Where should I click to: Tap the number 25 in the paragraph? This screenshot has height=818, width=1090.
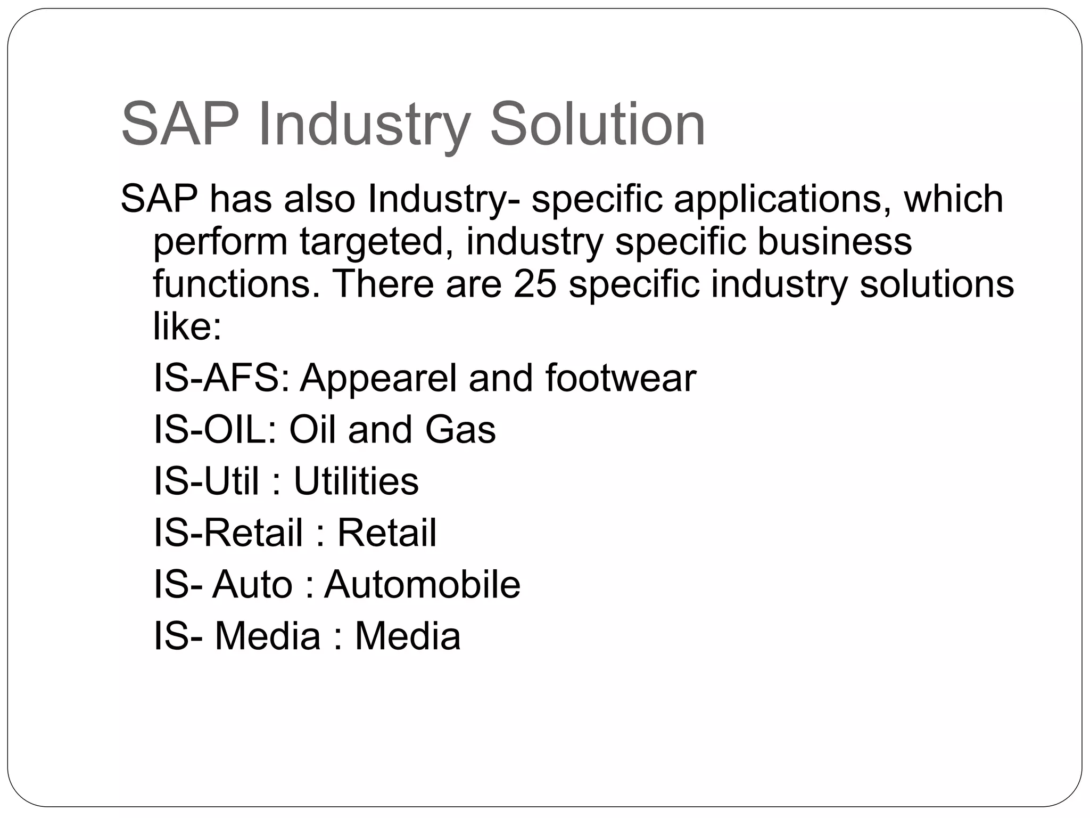535,283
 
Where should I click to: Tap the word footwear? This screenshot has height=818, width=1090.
621,378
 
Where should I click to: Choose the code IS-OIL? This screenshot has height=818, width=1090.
215,429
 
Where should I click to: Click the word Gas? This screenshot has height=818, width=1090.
460,429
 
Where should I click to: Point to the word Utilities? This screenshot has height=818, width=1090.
356,481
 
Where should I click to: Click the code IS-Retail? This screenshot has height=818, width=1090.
228,533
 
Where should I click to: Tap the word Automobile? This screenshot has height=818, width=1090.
422,584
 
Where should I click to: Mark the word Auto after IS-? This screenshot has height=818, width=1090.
252,584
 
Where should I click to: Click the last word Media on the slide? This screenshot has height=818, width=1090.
407,636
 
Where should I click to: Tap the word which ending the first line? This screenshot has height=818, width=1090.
953,199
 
